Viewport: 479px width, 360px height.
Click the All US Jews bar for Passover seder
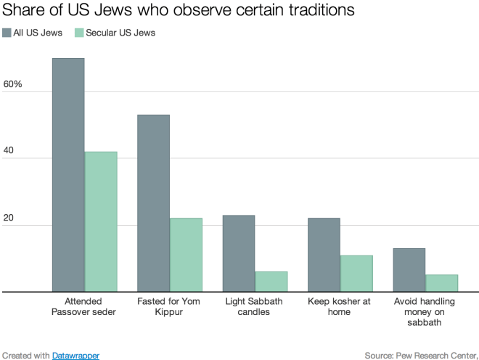(x=68, y=175)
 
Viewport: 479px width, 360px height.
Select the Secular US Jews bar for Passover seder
(x=101, y=221)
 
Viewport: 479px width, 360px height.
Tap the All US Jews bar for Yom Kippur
(x=153, y=203)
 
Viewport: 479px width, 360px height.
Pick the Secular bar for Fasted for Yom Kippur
(x=186, y=255)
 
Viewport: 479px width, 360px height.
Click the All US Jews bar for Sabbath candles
(x=239, y=253)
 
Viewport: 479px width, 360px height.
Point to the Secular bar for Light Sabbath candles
(x=271, y=282)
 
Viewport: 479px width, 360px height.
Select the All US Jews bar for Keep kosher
(x=324, y=255)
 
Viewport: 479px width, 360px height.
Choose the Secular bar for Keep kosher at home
(x=356, y=274)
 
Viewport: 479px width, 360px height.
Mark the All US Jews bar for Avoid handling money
(x=409, y=270)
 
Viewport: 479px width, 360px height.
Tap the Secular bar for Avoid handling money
(x=442, y=283)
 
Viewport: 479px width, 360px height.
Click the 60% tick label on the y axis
(x=13, y=85)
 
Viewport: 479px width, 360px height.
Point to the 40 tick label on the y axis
(x=9, y=152)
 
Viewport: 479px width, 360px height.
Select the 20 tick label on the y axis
(x=9, y=218)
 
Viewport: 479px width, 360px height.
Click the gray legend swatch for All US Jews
(x=7, y=33)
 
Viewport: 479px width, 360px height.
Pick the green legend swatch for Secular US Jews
(x=80, y=33)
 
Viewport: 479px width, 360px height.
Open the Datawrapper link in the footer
(x=75, y=355)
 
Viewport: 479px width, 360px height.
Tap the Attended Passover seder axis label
(x=84, y=306)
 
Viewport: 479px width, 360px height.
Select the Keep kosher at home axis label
(x=340, y=306)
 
